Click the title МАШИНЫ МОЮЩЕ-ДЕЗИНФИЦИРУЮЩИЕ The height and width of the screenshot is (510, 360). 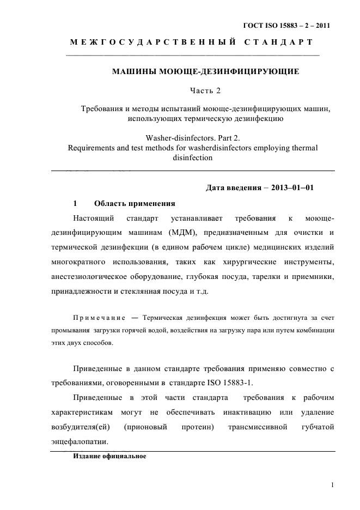205,71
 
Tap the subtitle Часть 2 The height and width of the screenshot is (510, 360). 205,89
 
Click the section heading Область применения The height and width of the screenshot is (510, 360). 134,204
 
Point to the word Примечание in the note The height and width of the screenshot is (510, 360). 99,318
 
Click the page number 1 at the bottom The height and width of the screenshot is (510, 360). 332,484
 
